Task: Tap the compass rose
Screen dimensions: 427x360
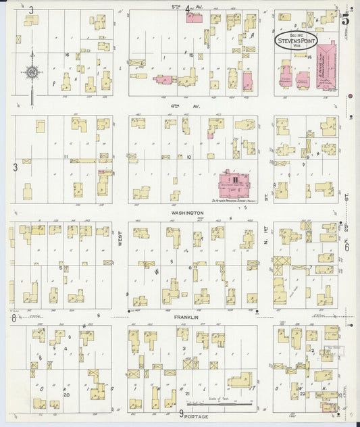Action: pos(31,70)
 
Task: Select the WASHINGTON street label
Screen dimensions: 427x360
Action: pos(190,213)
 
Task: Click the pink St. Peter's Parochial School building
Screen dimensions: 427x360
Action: pos(232,181)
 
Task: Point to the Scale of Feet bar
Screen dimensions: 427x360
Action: pos(230,405)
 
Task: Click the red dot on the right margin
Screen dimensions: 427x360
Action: pos(351,96)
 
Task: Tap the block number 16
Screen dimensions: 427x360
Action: pos(68,53)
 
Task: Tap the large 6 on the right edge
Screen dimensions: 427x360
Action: pos(346,247)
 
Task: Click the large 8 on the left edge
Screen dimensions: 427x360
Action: pos(13,318)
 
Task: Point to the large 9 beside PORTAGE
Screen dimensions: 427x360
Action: pos(181,414)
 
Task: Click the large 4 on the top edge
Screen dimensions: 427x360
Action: pos(186,9)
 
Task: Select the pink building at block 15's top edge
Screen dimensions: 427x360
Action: pos(195,18)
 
